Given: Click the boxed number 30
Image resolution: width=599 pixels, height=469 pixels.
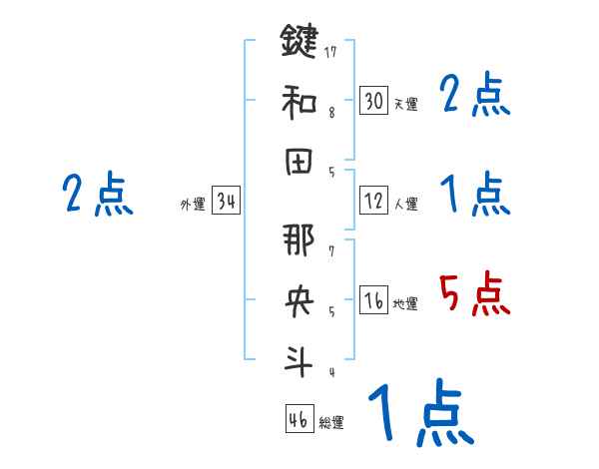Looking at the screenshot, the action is click(x=373, y=101).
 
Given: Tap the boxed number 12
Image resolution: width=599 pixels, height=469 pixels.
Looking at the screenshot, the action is click(x=373, y=201).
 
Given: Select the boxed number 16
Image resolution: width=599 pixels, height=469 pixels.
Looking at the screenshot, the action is click(x=373, y=300).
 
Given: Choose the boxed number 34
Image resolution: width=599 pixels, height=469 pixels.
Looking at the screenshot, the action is click(x=226, y=202).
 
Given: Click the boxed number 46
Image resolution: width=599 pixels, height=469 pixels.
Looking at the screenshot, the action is click(x=299, y=419).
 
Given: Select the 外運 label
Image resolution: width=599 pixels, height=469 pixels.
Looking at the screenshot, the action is click(x=193, y=205).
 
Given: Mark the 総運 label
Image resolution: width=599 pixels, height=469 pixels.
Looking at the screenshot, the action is click(x=331, y=423).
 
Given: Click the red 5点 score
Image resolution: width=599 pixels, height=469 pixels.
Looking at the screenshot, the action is click(x=475, y=293).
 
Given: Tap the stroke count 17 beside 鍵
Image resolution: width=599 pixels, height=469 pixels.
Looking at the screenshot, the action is click(x=332, y=50).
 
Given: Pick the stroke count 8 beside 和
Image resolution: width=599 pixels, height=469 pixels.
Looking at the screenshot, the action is click(x=331, y=112).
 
